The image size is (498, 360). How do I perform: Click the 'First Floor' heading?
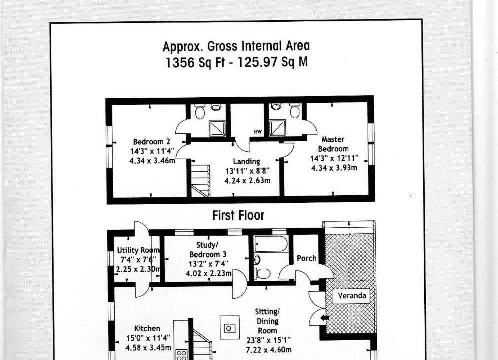(x=238, y=215)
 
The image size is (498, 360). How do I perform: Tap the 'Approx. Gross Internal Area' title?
(x=236, y=46)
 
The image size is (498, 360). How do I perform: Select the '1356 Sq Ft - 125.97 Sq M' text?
(x=237, y=62)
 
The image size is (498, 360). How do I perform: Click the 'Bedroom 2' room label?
(x=152, y=142)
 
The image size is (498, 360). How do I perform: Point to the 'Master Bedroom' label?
(x=333, y=144)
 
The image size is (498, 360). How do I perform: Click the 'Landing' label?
(x=246, y=162)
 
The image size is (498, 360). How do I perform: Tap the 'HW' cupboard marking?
(x=258, y=132)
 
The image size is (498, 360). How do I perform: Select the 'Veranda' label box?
(x=351, y=296)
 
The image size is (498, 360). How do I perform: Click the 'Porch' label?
(x=306, y=258)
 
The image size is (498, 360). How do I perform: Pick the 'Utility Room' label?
(x=138, y=250)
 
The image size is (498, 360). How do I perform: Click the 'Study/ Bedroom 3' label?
(x=208, y=249)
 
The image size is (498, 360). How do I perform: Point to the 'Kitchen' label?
(x=147, y=328)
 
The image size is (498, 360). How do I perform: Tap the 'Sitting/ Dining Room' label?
(x=267, y=321)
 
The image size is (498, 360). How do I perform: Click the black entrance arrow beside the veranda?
(x=324, y=318)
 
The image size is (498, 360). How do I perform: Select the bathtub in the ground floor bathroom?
(x=271, y=244)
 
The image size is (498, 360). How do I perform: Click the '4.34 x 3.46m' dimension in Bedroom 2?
(x=152, y=161)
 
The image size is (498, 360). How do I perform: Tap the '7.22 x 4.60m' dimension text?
(x=269, y=350)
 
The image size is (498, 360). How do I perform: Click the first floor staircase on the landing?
(x=200, y=178)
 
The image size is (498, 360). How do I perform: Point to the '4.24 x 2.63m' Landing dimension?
(x=247, y=181)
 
